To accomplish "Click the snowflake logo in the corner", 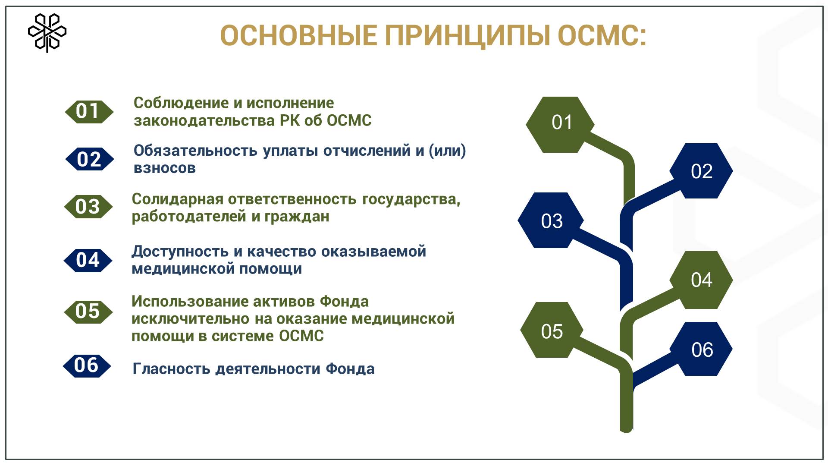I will coord(47,33).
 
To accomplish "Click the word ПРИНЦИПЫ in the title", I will coord(467,35).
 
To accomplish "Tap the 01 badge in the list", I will coord(89,112).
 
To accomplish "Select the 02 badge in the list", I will coord(89,159).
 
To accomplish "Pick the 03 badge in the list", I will coord(88,207).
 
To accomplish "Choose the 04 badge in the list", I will coord(88,260).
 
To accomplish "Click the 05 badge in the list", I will coord(88,312).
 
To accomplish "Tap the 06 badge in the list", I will coord(87,366).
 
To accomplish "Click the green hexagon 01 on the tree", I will coord(560,124).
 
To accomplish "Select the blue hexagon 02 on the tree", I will coord(701,171).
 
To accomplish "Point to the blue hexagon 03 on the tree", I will coord(551,220).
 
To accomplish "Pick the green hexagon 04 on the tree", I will coord(701,280).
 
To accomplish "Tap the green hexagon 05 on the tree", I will coord(552,331).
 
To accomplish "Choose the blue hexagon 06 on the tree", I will coord(701,349).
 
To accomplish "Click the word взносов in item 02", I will coord(164,168).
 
